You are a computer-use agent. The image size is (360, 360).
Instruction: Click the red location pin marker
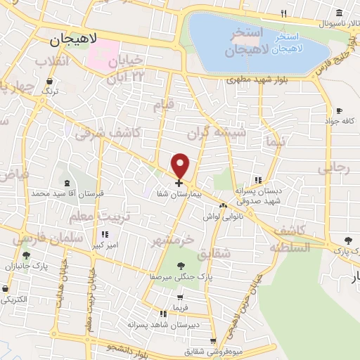click(x=181, y=165)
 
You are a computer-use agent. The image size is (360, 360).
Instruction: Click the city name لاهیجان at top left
click(x=74, y=41)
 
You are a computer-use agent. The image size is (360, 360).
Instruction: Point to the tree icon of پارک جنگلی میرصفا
click(x=181, y=265)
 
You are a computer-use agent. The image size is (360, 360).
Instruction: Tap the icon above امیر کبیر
click(x=105, y=235)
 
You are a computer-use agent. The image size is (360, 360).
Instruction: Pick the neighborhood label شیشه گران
click(x=217, y=131)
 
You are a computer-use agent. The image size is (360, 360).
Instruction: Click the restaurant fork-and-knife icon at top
click(x=283, y=13)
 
